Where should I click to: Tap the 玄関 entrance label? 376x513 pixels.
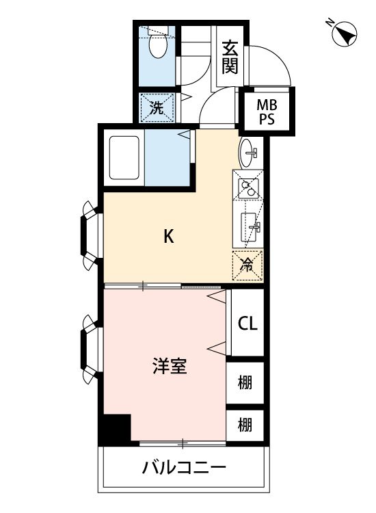click(230, 58)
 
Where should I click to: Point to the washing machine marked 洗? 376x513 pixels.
click(157, 107)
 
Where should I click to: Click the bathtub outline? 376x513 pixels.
click(124, 159)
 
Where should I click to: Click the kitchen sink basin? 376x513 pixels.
click(250, 224)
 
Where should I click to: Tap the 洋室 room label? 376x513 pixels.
click(170, 366)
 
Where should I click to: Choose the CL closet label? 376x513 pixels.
click(247, 324)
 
